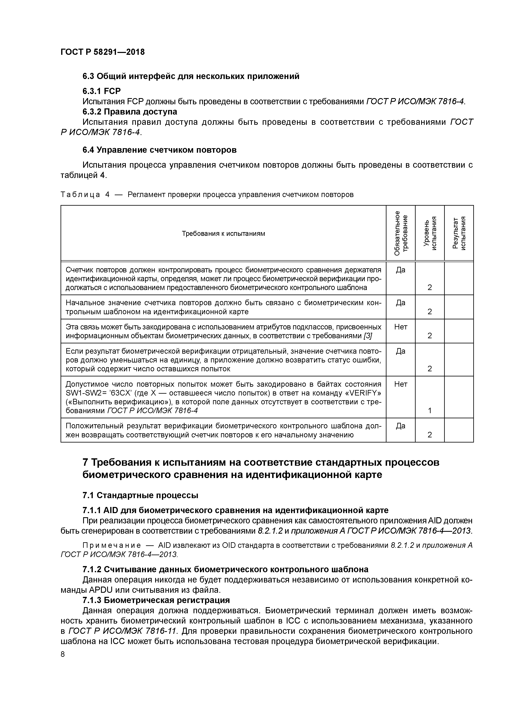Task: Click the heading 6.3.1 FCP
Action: tap(101, 91)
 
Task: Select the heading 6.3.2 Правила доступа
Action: tap(130, 112)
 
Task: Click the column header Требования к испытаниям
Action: tap(223, 233)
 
